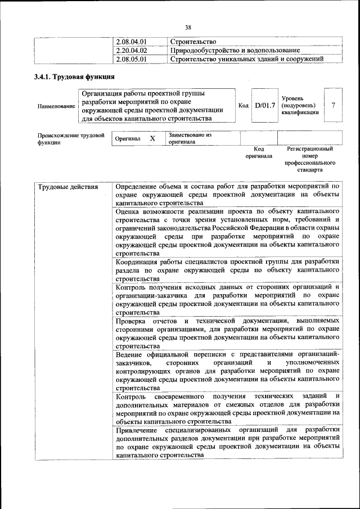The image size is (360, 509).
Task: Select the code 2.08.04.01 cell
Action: (x=130, y=42)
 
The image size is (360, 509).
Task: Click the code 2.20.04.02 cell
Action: (x=130, y=50)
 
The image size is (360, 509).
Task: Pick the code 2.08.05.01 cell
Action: (x=130, y=58)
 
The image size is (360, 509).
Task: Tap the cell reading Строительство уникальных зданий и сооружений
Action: (x=247, y=58)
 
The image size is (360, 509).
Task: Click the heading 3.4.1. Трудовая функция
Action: (x=75, y=76)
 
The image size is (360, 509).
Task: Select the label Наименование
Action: (x=56, y=106)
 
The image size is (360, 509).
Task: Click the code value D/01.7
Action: (x=264, y=105)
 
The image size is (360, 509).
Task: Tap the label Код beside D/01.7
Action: (x=244, y=105)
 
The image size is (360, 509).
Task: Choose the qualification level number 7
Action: (x=334, y=105)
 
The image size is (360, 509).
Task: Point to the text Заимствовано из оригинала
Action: (x=189, y=138)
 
